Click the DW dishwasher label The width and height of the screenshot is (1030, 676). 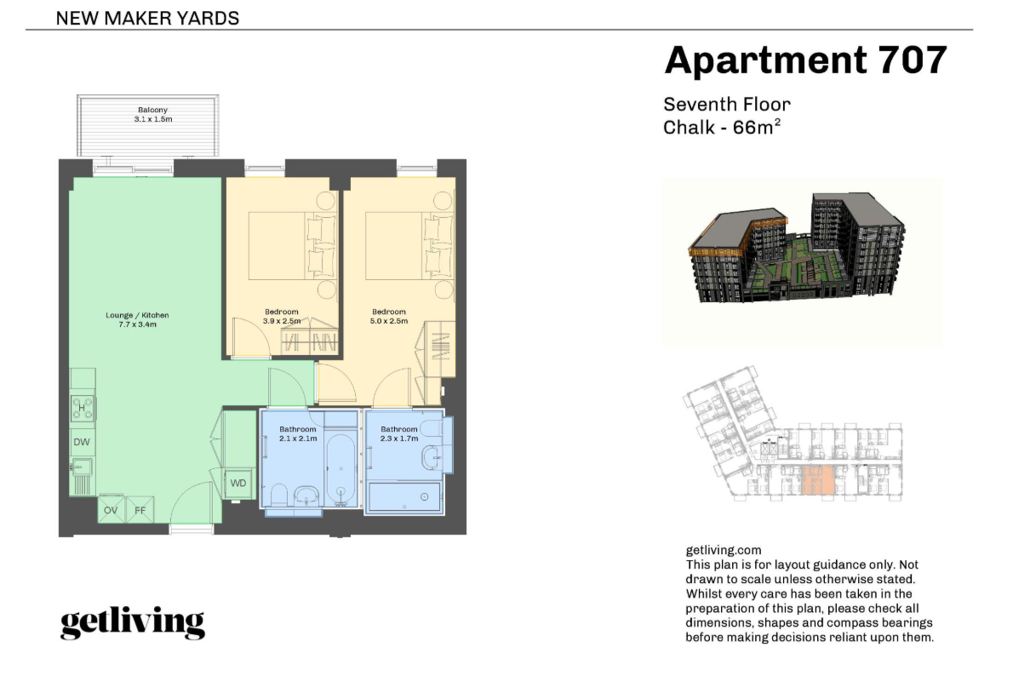(82, 442)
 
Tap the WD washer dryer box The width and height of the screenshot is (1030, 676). (238, 483)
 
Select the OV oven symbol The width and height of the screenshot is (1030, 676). (111, 510)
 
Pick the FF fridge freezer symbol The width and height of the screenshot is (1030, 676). (140, 510)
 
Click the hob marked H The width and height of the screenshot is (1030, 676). (83, 408)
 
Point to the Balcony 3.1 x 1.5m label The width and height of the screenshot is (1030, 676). (153, 114)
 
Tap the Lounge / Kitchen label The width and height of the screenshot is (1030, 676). (137, 319)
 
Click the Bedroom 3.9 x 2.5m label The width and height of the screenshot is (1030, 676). (282, 317)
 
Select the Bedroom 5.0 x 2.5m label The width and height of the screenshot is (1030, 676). (388, 317)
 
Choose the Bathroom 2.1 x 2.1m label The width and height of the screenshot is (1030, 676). (297, 433)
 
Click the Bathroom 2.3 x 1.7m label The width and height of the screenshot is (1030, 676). (399, 433)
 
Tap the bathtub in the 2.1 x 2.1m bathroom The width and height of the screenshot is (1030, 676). (340, 469)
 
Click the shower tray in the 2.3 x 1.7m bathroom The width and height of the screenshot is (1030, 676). (405, 497)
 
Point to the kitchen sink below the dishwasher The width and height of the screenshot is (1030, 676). (82, 468)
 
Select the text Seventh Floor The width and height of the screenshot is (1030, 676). (726, 105)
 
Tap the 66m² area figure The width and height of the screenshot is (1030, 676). (757, 128)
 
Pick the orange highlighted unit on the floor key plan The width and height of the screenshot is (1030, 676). (819, 479)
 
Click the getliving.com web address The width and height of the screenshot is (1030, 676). (724, 550)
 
